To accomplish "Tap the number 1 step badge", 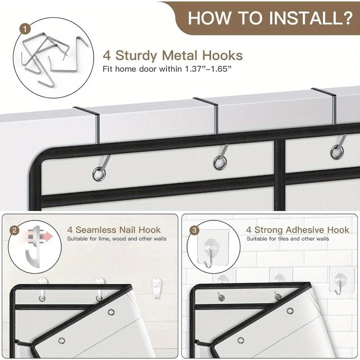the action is click(x=26, y=30).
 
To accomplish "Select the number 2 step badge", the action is click(x=14, y=230).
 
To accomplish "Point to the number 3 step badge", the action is click(x=194, y=230).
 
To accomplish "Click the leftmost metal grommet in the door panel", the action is click(x=99, y=174).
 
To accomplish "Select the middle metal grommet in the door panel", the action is click(x=220, y=163).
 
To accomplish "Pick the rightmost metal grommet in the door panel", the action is click(x=337, y=152).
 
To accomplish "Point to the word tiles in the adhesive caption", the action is click(x=279, y=239).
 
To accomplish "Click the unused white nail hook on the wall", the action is click(x=156, y=288).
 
